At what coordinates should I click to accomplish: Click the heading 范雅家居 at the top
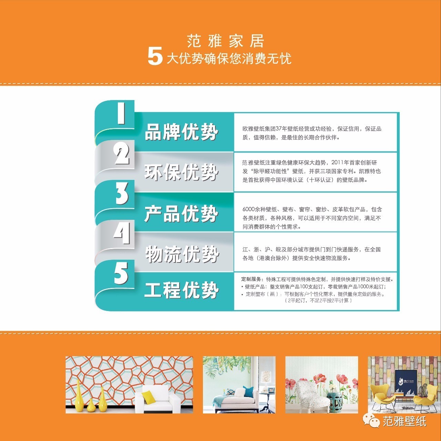[x=225, y=41]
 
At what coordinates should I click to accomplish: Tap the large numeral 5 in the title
[x=155, y=56]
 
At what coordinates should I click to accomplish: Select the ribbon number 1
[x=121, y=113]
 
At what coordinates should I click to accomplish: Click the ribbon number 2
[x=122, y=153]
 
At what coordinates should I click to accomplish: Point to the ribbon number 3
[x=122, y=193]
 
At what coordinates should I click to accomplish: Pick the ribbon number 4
[x=122, y=233]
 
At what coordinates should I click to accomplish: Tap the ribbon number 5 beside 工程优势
[x=121, y=273]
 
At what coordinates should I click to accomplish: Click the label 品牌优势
[x=181, y=132]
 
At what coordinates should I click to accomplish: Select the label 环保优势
[x=181, y=172]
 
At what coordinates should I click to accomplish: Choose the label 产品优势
[x=181, y=213]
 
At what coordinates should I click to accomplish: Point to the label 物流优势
[x=182, y=254]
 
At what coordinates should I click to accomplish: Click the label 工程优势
[x=182, y=290]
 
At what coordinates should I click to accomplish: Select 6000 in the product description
[x=248, y=209]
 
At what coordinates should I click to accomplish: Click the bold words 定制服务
[x=251, y=279]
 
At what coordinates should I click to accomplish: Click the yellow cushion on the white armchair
[x=148, y=397]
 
